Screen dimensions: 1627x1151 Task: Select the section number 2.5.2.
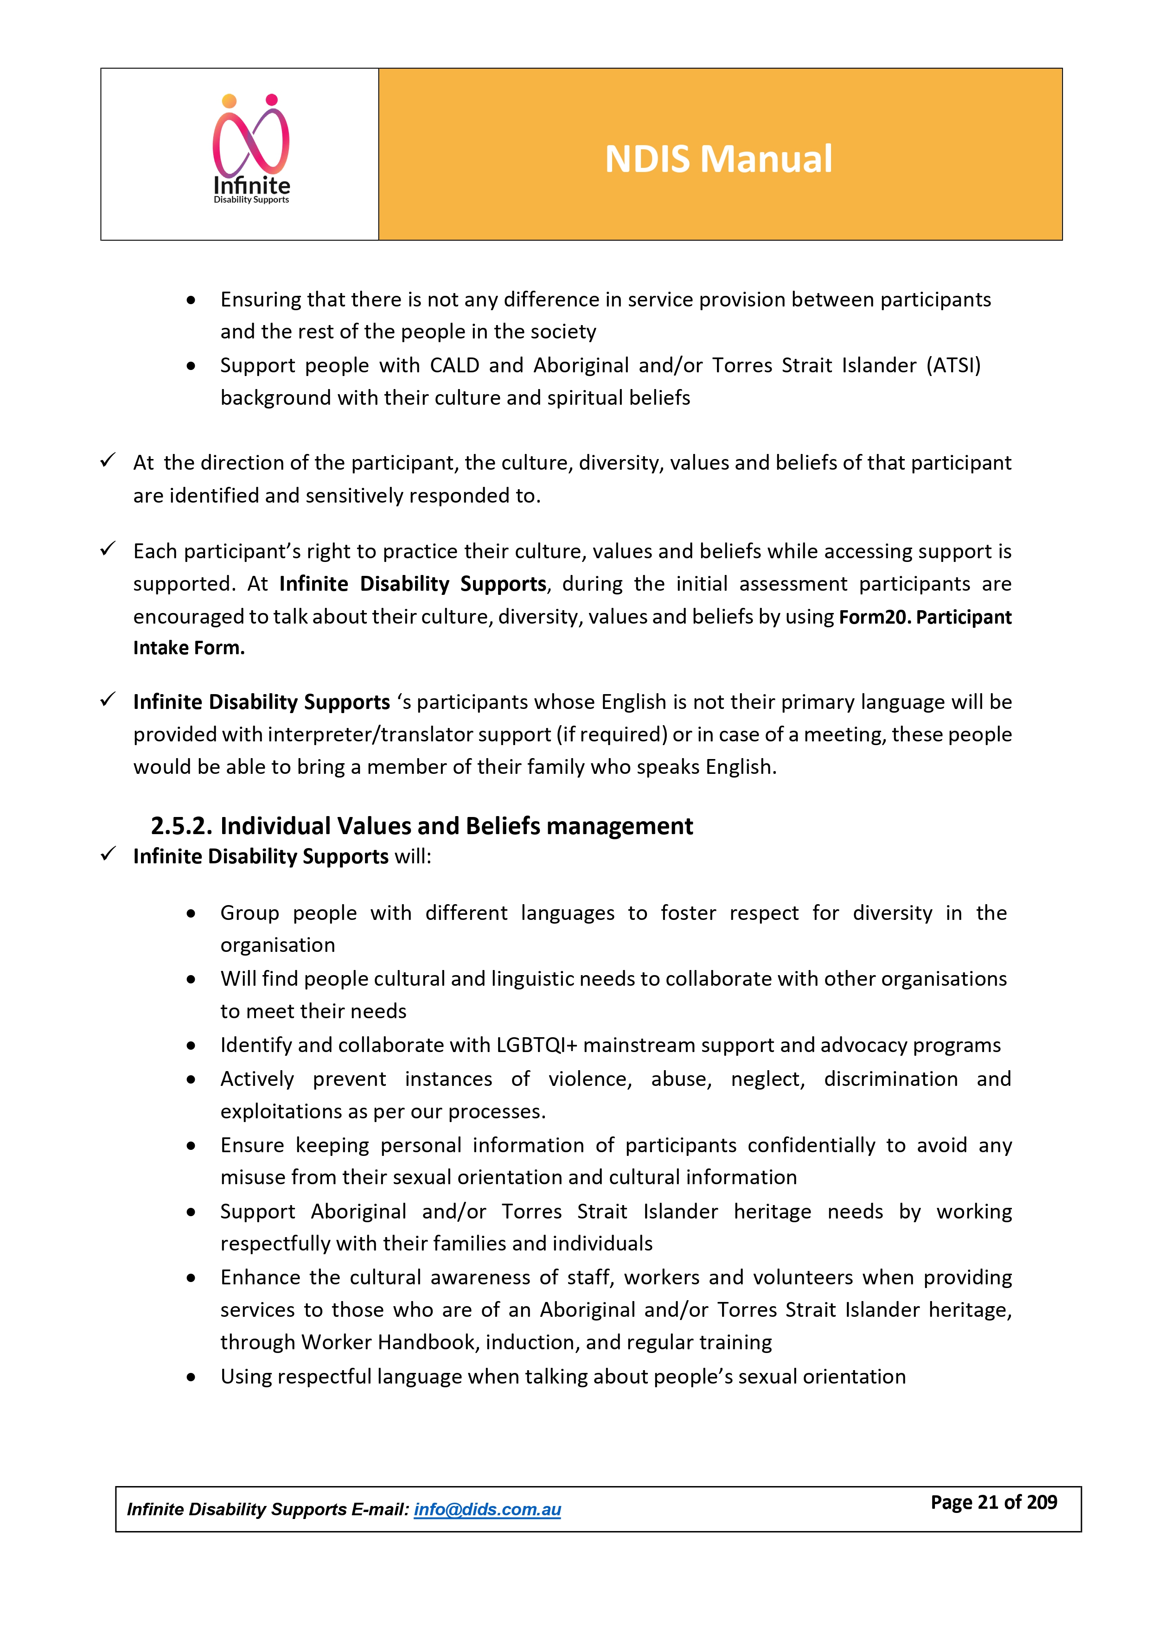coord(181,826)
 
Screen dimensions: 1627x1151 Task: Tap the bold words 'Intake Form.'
coord(189,648)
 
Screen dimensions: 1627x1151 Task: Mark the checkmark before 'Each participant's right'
coord(108,549)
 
